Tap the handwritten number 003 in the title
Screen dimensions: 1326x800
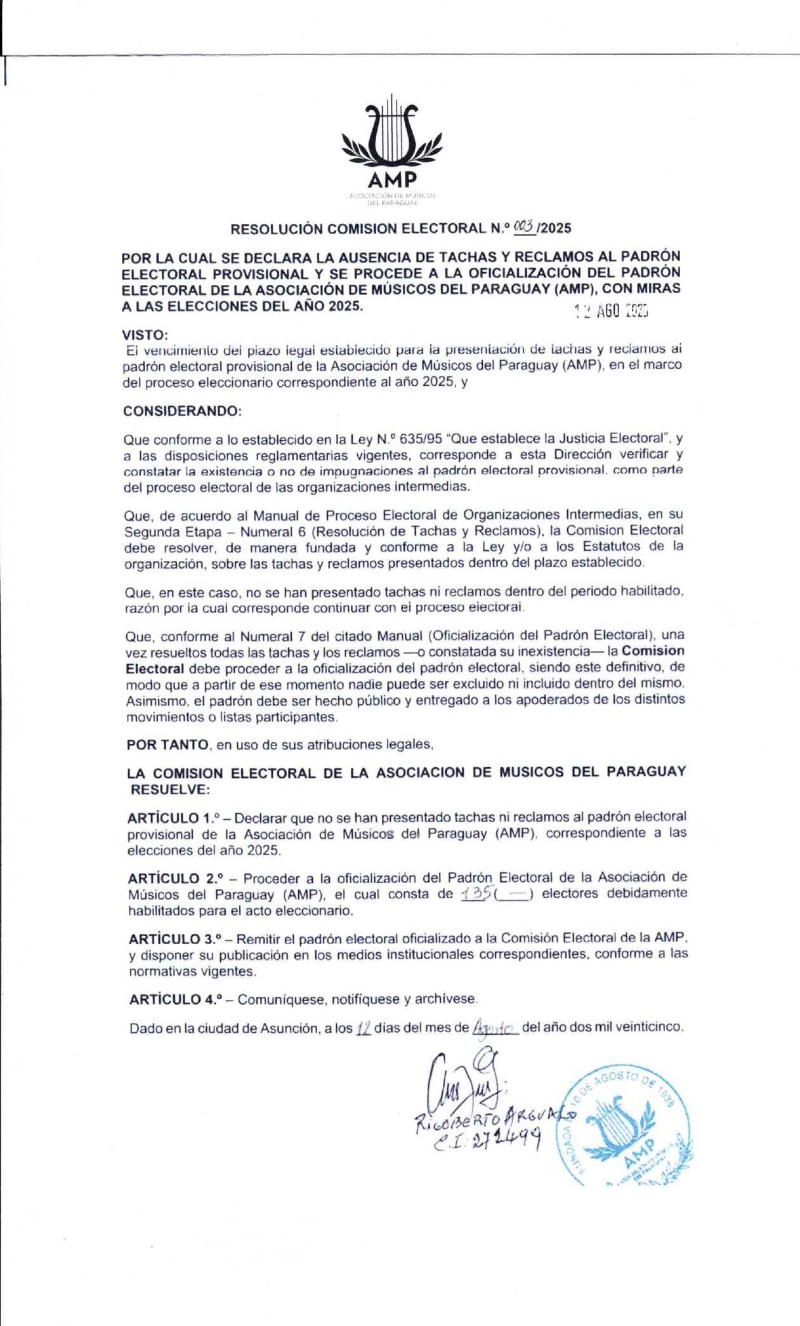(x=525, y=226)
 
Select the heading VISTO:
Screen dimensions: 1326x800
(x=145, y=334)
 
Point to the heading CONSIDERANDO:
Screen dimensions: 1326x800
(x=182, y=411)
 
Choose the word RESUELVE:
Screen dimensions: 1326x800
(x=169, y=789)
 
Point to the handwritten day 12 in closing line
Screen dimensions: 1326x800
(x=363, y=1028)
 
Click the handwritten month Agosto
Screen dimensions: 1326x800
(x=495, y=1028)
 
